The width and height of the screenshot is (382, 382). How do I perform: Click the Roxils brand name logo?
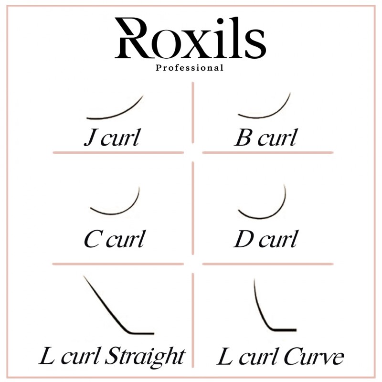190,38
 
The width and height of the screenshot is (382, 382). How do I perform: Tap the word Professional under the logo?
190,68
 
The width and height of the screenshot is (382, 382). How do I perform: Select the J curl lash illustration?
115,107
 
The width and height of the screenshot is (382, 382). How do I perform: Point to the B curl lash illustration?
264,105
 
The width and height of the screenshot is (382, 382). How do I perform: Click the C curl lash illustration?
115,201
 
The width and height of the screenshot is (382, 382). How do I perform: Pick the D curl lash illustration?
262,201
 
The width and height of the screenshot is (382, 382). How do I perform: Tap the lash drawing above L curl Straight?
118,305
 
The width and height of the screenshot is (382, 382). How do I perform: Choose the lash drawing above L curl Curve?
275,305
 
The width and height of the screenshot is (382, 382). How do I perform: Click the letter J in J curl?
90,138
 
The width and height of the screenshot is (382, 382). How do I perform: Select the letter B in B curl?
243,138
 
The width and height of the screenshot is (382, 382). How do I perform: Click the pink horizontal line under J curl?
118,153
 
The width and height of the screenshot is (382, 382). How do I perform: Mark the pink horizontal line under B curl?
268,153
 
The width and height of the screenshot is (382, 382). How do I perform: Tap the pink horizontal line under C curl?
118,264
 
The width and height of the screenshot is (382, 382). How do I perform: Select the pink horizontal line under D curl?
268,264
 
